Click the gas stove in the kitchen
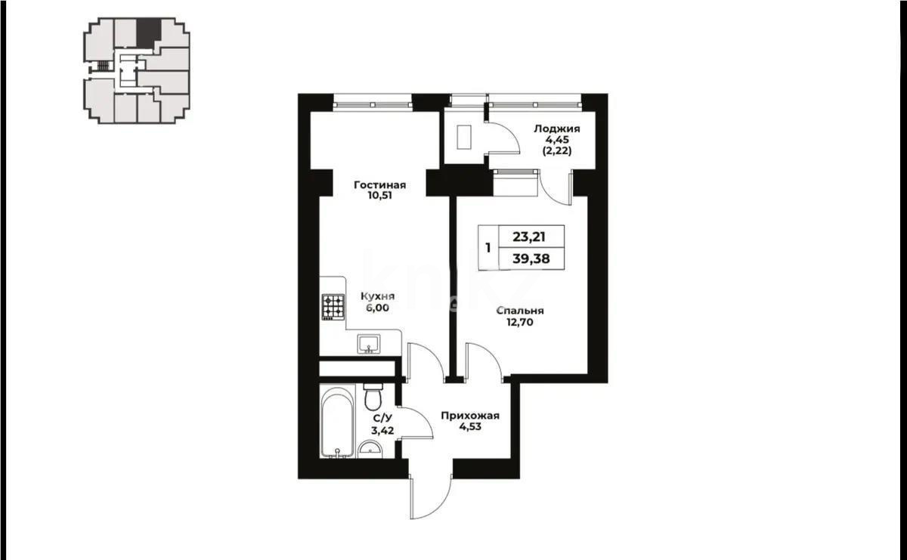pos(333,307)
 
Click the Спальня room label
pos(520,311)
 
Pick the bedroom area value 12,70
pos(520,323)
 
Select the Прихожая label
pos(470,416)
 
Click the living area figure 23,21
pos(529,237)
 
